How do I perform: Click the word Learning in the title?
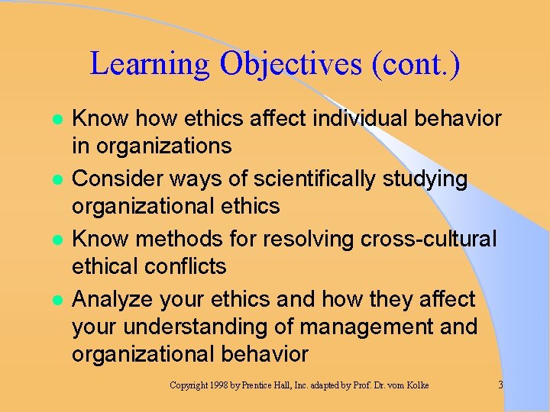coord(149,64)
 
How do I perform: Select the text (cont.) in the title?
coord(416,64)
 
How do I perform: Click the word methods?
coord(189,238)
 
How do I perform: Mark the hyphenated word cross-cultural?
coord(430,238)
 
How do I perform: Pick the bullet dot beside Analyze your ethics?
coord(54,300)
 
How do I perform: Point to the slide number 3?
coord(501,385)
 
